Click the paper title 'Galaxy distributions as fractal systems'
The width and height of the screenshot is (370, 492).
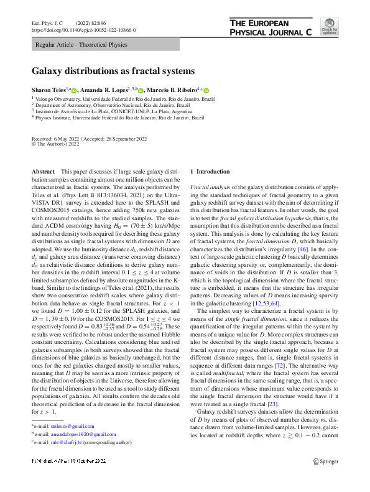coord(113,71)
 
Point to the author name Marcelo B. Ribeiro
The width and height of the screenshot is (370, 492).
coord(172,90)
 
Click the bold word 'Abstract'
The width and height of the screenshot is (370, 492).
coord(43,171)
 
